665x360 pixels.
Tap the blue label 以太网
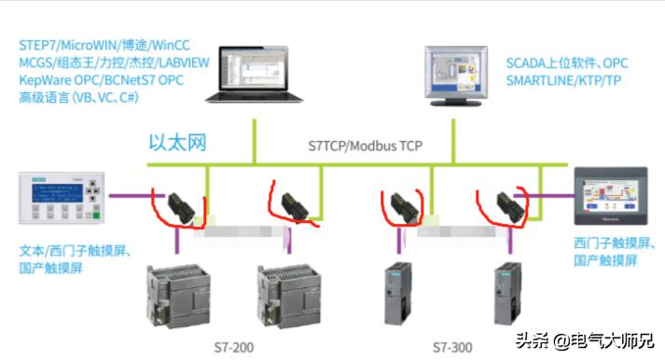point(178,143)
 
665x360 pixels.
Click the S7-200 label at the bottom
point(226,346)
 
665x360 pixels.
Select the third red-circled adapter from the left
point(402,206)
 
